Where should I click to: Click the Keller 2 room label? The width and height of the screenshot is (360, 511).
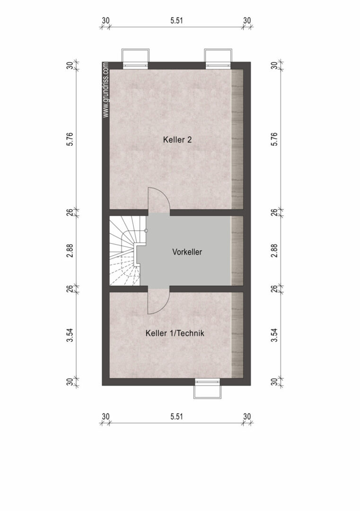tap(177, 140)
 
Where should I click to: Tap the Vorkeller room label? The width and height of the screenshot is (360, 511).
tap(187, 252)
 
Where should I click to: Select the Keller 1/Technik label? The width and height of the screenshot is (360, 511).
tap(175, 333)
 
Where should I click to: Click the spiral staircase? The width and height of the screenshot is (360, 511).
tap(125, 251)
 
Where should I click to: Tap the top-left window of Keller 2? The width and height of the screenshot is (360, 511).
tap(135, 59)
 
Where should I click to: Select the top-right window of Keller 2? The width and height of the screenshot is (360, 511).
tap(218, 59)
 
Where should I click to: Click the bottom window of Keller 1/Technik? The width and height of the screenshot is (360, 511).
tap(208, 388)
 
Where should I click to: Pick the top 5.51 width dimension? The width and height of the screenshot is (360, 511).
tap(176, 20)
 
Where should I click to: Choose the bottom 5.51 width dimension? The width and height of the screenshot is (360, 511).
tap(176, 416)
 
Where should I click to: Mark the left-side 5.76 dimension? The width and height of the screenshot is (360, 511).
tap(70, 139)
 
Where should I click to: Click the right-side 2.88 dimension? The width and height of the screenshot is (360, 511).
tap(275, 251)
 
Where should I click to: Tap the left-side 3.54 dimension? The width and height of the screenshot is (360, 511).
tap(70, 335)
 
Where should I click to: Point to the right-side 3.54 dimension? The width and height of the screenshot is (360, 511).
tap(275, 335)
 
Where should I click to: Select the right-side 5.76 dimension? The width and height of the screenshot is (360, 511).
tap(275, 139)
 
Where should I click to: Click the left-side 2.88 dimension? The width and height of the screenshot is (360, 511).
tap(70, 251)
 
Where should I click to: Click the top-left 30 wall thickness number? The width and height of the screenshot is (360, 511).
tap(105, 20)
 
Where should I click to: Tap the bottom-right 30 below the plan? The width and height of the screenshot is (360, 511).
tap(247, 416)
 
